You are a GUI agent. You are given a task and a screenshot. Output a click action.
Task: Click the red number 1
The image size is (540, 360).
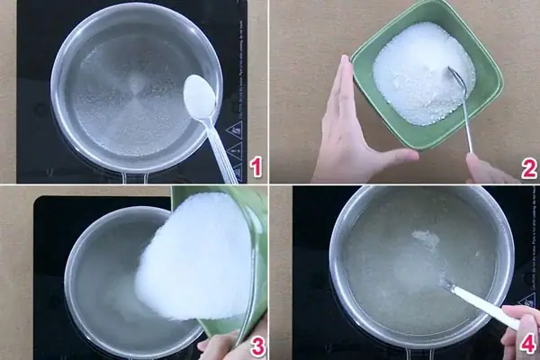click(x=256, y=166)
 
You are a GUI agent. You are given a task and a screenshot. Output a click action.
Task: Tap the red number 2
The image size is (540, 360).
click(x=528, y=167)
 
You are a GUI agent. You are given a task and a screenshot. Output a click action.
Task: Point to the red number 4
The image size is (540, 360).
click(x=528, y=344)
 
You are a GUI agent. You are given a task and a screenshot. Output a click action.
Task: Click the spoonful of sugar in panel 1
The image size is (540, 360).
click(x=199, y=93)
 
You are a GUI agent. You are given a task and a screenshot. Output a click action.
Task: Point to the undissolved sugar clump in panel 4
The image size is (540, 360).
click(x=423, y=238)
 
